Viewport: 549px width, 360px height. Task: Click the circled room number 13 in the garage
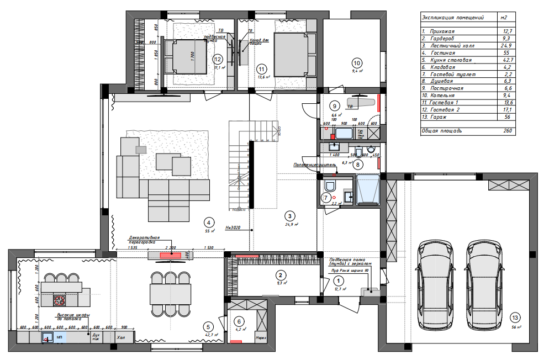(x=515, y=317)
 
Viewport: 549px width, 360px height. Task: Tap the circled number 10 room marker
(x=356, y=62)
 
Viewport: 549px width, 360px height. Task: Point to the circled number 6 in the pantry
(x=239, y=321)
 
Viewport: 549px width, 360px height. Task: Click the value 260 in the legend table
(x=508, y=131)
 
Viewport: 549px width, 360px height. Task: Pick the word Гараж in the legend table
(x=439, y=117)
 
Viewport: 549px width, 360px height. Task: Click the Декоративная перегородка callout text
(x=145, y=240)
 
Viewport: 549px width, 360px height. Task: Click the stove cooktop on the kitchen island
(x=59, y=300)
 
